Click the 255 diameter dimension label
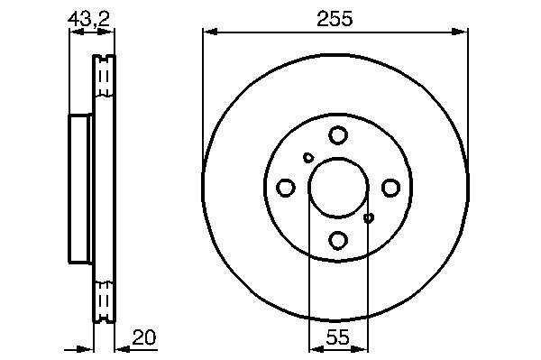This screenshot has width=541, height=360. [x=335, y=19]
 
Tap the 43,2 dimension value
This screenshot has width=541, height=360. [x=88, y=19]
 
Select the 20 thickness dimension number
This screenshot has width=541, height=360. [x=144, y=337]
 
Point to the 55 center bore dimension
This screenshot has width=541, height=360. [x=338, y=337]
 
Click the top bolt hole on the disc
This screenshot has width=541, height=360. [x=338, y=135]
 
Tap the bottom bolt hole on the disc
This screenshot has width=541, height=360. [x=338, y=240]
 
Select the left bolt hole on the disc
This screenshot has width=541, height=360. [x=286, y=188]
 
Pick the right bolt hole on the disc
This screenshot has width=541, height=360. [x=390, y=188]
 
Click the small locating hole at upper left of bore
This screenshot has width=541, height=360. [x=308, y=158]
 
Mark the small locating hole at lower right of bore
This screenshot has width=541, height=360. [x=369, y=217]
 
